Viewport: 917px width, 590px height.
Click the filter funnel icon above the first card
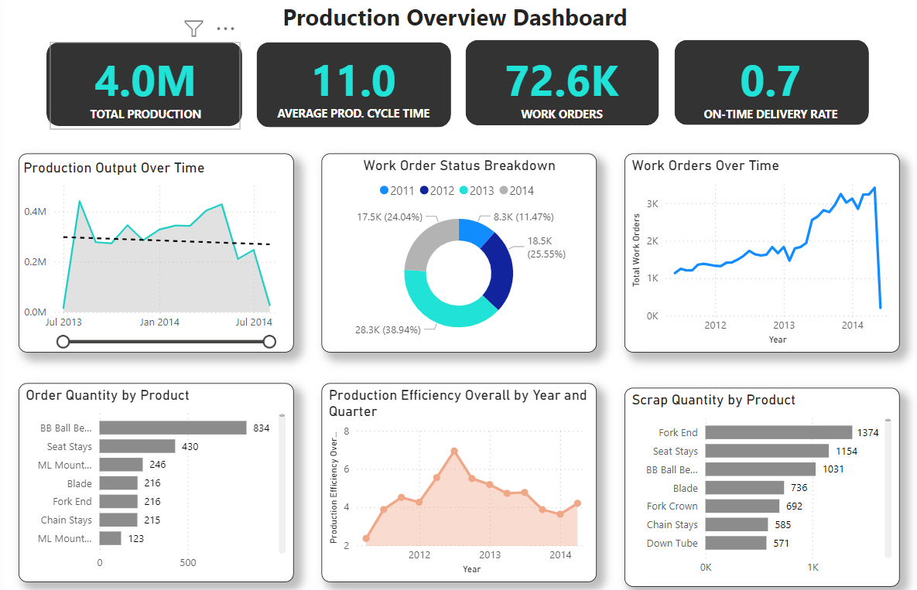(193, 29)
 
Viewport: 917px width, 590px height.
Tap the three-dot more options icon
(225, 29)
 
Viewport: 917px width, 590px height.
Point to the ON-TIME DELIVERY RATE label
(771, 114)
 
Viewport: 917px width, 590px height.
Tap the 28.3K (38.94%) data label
(388, 329)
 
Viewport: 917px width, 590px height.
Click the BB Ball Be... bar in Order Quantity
(173, 428)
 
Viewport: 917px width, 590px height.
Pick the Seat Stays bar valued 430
(137, 446)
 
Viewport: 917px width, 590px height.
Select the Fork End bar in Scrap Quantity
(778, 432)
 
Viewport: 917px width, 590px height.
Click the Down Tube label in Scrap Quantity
(672, 543)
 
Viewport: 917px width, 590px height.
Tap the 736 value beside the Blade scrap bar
(799, 488)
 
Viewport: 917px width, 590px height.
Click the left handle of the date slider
(63, 341)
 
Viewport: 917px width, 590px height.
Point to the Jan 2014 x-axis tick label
(159, 322)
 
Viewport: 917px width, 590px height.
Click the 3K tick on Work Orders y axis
(652, 203)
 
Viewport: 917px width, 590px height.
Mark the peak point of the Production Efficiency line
(454, 451)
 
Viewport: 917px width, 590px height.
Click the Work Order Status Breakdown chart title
(459, 165)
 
